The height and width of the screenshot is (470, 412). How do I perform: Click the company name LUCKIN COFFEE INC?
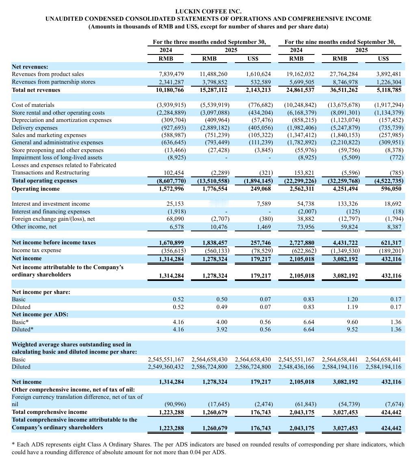point(208,11)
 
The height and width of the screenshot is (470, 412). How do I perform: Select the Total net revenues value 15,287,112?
point(214,90)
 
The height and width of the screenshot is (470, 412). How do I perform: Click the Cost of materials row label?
point(33,105)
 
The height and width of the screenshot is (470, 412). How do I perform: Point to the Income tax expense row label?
point(37,250)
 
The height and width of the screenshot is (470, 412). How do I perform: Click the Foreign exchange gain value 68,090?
point(174,219)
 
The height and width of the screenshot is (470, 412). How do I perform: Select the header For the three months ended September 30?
point(209,42)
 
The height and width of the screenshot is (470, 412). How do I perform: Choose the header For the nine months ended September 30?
point(340,42)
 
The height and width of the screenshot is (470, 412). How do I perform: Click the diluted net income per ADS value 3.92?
point(221,329)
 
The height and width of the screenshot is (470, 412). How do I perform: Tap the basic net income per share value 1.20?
point(352,299)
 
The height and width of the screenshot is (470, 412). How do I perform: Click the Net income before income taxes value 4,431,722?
point(344,243)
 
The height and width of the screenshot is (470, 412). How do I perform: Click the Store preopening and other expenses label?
point(57,150)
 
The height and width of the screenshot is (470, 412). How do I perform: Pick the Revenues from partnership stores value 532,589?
point(259,82)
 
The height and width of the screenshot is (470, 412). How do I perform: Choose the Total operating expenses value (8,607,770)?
point(171,181)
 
